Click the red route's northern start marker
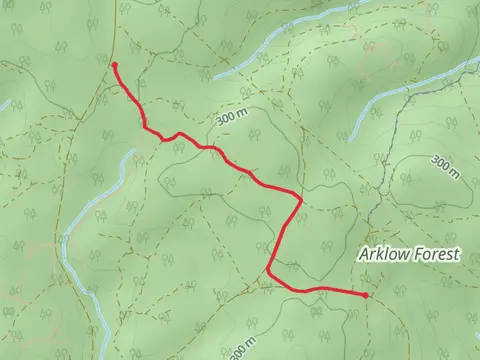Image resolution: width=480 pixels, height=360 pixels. click(x=115, y=65)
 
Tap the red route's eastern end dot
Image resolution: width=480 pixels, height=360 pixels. click(x=366, y=295)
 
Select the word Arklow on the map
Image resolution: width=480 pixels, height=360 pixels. click(x=382, y=255)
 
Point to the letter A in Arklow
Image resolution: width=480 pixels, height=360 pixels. click(x=363, y=255)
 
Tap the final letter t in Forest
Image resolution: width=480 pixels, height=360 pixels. click(x=456, y=255)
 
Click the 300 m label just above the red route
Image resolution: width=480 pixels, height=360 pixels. click(x=229, y=118)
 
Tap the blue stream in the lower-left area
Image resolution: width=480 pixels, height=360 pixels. click(x=72, y=250)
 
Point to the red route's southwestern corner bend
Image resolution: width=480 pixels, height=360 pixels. click(x=270, y=272)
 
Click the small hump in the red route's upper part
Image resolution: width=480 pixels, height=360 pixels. click(x=178, y=134)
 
